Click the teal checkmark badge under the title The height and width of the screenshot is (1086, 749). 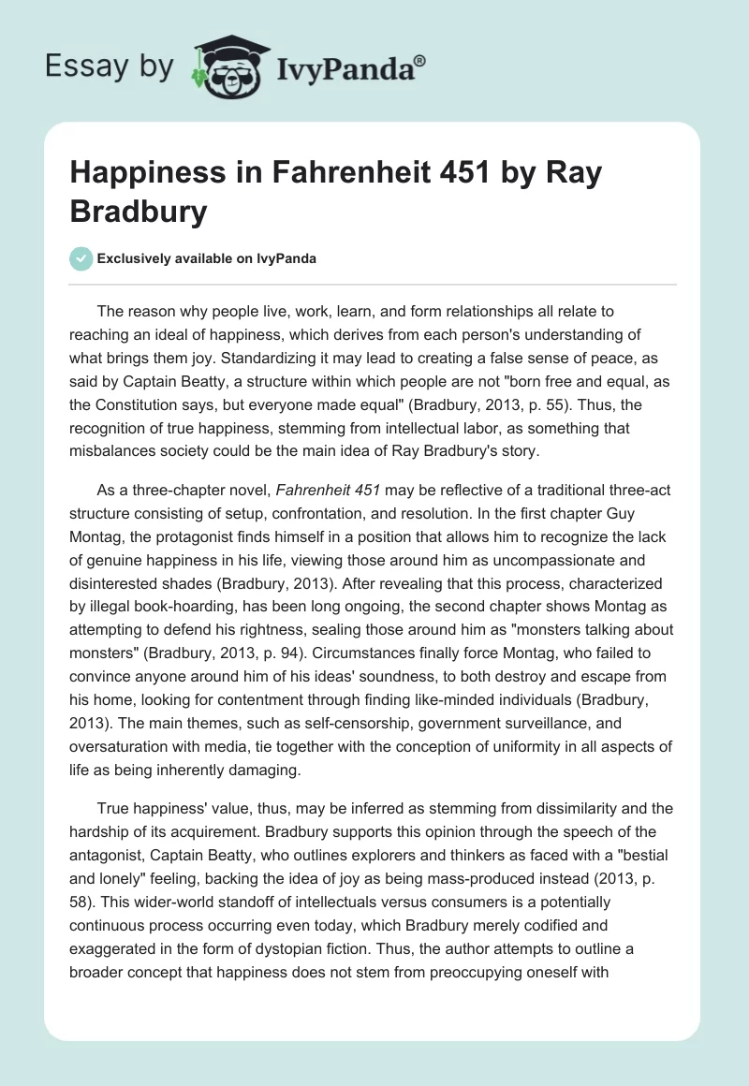(x=82, y=258)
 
